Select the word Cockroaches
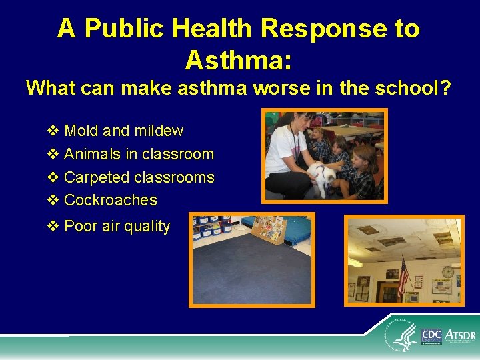(110, 200)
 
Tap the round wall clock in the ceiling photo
(448, 271)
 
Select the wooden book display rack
(269, 230)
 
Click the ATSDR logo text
(460, 335)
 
